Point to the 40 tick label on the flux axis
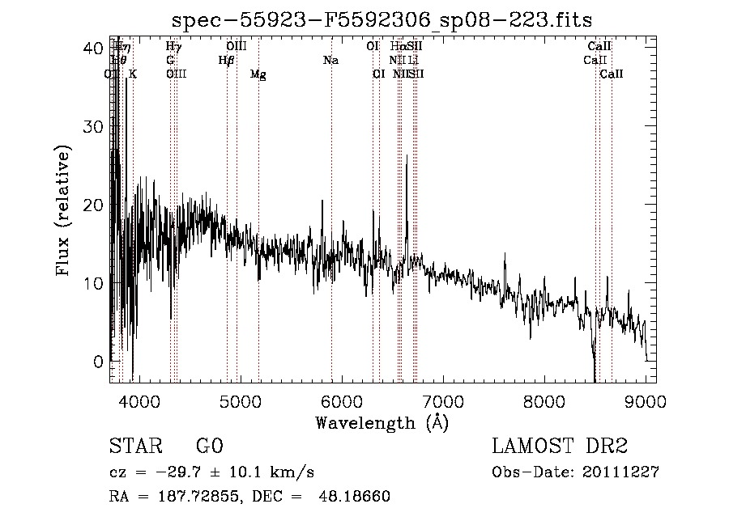pos(93,49)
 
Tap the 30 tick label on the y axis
pos(93,127)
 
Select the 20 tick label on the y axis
pos(93,205)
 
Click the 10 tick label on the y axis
pos(93,284)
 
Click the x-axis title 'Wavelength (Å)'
pos(382,422)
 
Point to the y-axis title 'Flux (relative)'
pos(63,212)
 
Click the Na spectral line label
pos(330,60)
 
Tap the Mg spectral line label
pos(258,74)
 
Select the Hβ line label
pos(226,60)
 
